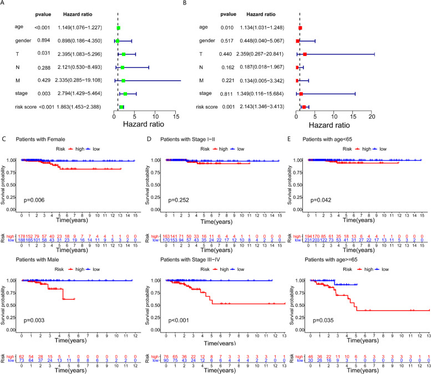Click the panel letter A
point(4,4)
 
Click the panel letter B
point(219,4)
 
